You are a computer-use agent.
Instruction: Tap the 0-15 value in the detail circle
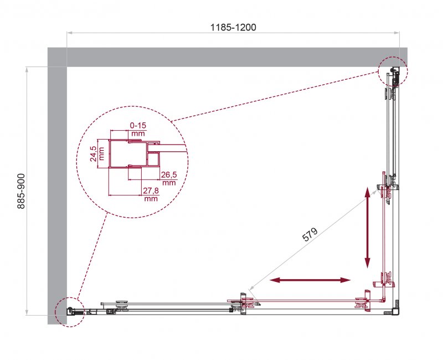[x=138, y=126]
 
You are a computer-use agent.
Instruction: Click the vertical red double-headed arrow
[x=367, y=228]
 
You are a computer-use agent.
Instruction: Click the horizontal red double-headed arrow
[x=311, y=281]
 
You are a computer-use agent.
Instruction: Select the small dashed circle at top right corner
[x=393, y=71]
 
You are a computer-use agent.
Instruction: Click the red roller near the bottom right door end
[x=362, y=302]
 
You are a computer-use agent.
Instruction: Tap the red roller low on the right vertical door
[x=386, y=278]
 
